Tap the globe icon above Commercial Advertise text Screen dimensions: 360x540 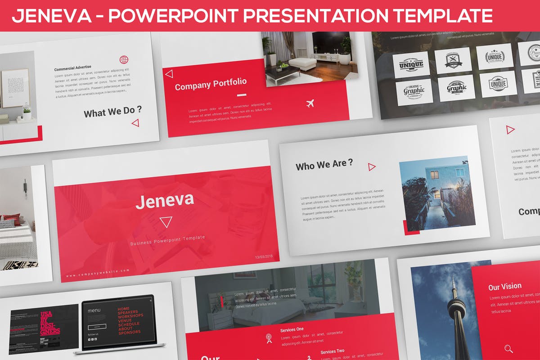point(124,59)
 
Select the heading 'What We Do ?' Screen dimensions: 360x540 point(112,111)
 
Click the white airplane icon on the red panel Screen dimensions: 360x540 point(310,104)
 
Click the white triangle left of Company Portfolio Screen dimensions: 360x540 point(169,74)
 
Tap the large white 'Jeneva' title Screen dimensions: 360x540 point(165,200)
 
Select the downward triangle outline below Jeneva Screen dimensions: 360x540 point(166,222)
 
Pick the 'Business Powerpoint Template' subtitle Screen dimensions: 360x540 point(167,240)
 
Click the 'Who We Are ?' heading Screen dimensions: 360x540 point(324,165)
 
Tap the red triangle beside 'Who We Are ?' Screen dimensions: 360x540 point(372,167)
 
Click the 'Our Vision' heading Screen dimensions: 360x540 point(505,286)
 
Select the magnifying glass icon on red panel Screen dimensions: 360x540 point(508,348)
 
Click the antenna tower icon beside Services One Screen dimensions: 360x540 point(269,338)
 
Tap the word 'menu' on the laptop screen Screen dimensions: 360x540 point(94,310)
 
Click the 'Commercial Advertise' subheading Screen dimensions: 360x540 point(72,69)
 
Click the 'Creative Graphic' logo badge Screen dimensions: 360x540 point(414,91)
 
